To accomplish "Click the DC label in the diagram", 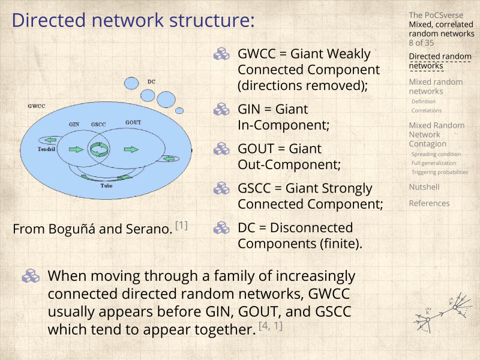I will click(151, 81).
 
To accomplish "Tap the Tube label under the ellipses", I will click(106, 186).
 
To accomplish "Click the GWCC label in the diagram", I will click(37, 106).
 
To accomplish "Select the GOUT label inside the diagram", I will click(133, 122).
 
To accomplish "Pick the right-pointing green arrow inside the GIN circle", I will click(76, 149).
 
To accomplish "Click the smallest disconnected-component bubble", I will click(179, 110).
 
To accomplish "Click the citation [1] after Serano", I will click(181, 226).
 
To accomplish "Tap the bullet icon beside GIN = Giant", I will click(222, 110).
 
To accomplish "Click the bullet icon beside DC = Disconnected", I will click(222, 228).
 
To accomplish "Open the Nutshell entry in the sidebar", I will click(424, 187).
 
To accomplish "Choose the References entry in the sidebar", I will click(429, 203).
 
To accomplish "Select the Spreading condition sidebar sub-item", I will click(436, 154).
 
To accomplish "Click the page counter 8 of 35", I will click(422, 43).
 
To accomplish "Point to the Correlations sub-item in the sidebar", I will click(427, 110).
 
